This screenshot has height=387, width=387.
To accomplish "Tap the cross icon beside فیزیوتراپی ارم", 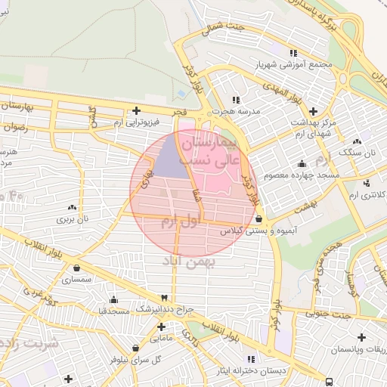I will (135, 110).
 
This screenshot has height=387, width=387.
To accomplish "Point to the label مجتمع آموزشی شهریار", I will (293, 63).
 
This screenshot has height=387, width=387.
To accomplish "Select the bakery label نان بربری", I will (73, 219).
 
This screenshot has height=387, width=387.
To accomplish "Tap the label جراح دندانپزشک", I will (166, 309).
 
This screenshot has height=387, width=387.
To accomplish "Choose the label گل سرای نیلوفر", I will (135, 359).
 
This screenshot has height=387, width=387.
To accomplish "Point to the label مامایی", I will (160, 338).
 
